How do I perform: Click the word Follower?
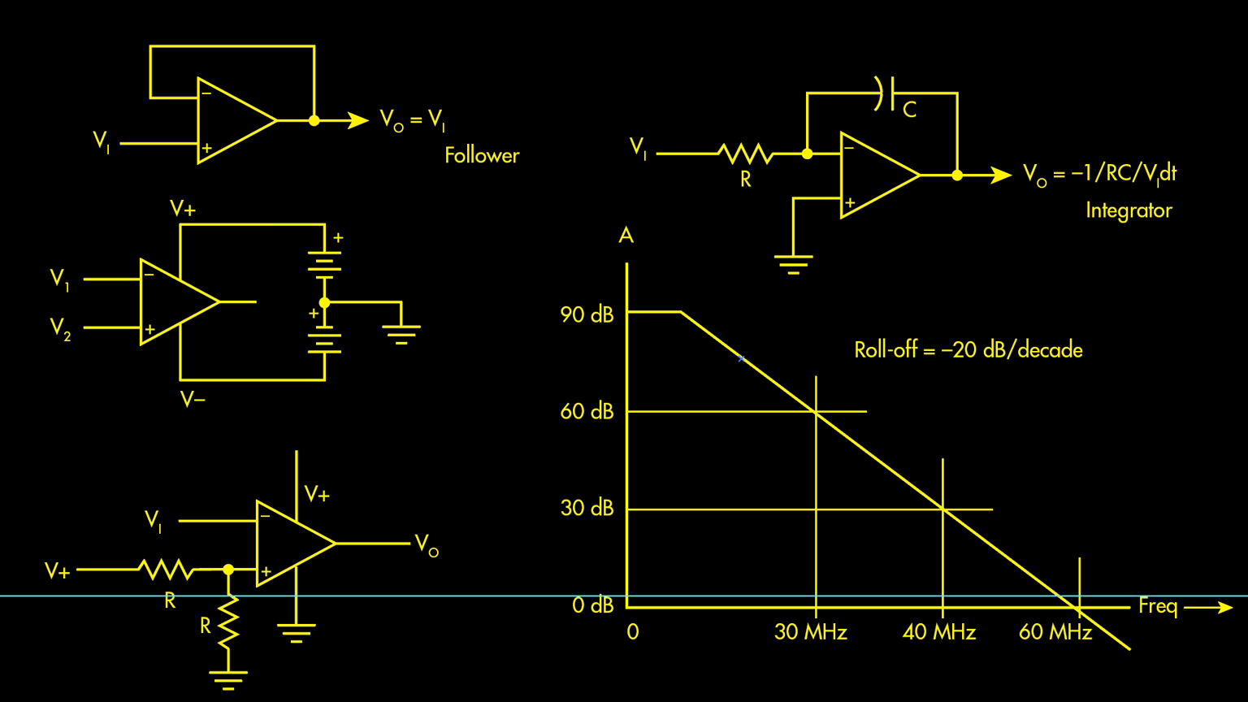pyautogui.click(x=482, y=155)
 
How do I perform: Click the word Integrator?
pyautogui.click(x=1129, y=210)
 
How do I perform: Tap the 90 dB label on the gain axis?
pyautogui.click(x=587, y=314)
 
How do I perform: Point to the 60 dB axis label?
pyautogui.click(x=587, y=411)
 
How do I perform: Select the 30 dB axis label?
pyautogui.click(x=587, y=508)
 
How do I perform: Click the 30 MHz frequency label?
pyautogui.click(x=810, y=632)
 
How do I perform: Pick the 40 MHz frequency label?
pyautogui.click(x=938, y=632)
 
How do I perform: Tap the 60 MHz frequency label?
pyautogui.click(x=1055, y=632)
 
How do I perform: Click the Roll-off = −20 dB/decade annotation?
pyautogui.click(x=968, y=350)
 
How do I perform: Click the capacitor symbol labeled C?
pyautogui.click(x=886, y=93)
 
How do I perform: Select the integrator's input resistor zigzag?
pyautogui.click(x=745, y=154)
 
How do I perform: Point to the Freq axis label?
pyautogui.click(x=1158, y=606)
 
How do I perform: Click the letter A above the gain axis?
pyautogui.click(x=626, y=236)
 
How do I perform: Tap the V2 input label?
pyautogui.click(x=60, y=328)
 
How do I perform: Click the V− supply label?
pyautogui.click(x=193, y=399)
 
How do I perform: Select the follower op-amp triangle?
pyautogui.click(x=232, y=121)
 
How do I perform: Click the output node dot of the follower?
pyautogui.click(x=314, y=120)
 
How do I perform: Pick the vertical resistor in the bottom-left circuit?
pyautogui.click(x=229, y=624)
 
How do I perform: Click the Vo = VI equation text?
pyautogui.click(x=413, y=120)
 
